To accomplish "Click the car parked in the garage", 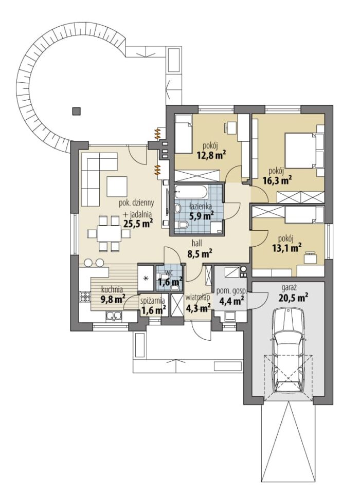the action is click(x=289, y=351).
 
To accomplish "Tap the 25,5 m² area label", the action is click(x=138, y=223).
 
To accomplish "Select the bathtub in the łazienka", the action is click(x=191, y=192).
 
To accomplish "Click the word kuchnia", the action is click(x=112, y=289).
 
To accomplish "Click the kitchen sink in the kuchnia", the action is click(x=114, y=316).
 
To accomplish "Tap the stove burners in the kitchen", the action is click(x=85, y=296).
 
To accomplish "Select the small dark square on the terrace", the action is click(x=76, y=111).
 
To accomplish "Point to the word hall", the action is click(x=196, y=244).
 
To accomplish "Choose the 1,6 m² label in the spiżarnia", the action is click(x=154, y=310).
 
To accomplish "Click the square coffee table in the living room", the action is click(x=117, y=187).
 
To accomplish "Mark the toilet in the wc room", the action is click(x=174, y=287).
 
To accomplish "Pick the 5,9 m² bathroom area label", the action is click(x=202, y=216).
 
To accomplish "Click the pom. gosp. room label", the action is click(x=231, y=291).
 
